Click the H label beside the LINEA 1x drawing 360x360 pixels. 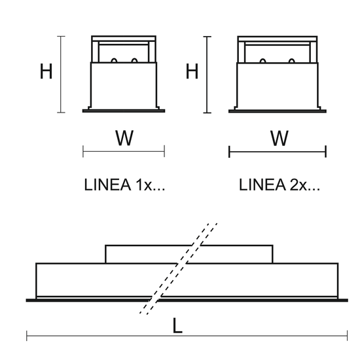(x=46, y=71)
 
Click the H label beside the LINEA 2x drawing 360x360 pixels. (x=192, y=71)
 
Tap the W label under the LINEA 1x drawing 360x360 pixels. (x=124, y=137)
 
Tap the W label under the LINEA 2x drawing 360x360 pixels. (x=279, y=138)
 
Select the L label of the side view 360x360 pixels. (x=177, y=325)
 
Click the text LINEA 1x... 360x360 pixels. (x=124, y=185)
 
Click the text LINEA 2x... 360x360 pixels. (x=279, y=185)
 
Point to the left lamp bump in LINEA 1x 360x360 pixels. (x=114, y=60)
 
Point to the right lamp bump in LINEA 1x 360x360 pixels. (x=134, y=60)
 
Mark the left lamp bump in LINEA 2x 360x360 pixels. (x=263, y=61)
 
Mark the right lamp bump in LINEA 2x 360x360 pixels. (x=291, y=61)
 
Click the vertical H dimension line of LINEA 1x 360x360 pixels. (x=61, y=75)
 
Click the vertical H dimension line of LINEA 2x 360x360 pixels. (x=207, y=75)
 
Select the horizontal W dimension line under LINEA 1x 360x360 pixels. (x=124, y=151)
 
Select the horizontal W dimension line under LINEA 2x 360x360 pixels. (x=278, y=152)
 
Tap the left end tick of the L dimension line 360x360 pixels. (x=27, y=336)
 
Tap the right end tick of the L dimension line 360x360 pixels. (x=348, y=336)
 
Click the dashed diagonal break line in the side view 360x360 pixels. (x=179, y=268)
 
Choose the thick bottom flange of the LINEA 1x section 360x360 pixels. (x=124, y=111)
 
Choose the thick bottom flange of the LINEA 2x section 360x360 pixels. (x=278, y=111)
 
